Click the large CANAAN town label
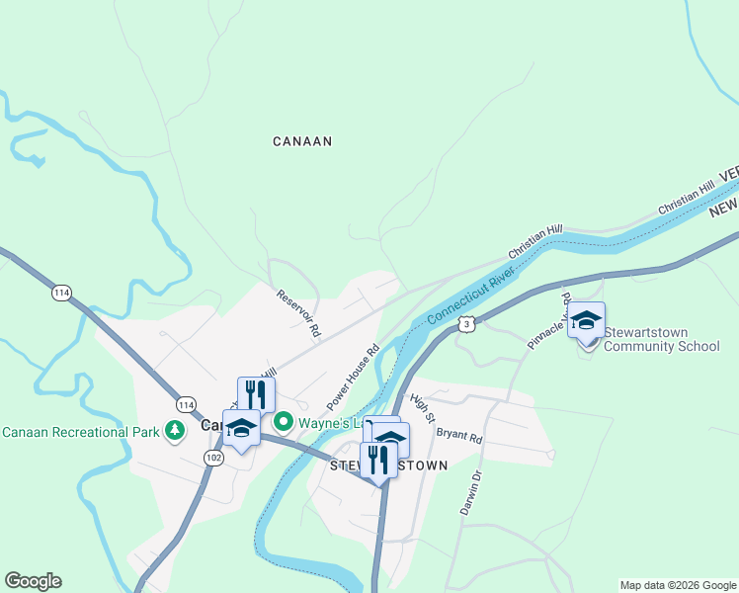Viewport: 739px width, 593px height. click(x=302, y=141)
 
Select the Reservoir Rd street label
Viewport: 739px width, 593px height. click(x=299, y=314)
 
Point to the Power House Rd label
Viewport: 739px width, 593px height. click(x=354, y=377)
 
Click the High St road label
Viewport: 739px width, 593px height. click(x=423, y=407)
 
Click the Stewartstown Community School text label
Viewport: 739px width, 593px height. click(x=661, y=339)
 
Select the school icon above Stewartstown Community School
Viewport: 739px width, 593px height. click(x=586, y=320)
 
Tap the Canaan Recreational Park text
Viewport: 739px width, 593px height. click(x=82, y=432)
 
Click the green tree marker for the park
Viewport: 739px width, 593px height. click(x=175, y=431)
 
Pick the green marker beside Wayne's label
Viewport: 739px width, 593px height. click(x=283, y=423)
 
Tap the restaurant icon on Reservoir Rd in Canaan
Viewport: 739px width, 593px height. click(x=256, y=394)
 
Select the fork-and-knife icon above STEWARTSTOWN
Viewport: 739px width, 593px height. click(x=377, y=460)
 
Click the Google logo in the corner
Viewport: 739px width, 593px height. click(x=33, y=581)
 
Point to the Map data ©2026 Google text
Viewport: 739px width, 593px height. click(x=678, y=585)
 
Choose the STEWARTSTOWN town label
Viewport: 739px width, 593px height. click(x=388, y=466)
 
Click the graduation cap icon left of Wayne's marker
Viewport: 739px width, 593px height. click(x=241, y=429)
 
